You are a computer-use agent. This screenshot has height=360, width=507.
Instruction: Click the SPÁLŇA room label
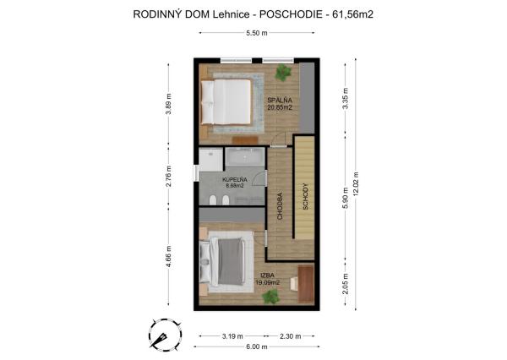280,101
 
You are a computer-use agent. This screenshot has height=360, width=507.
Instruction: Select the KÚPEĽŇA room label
234,181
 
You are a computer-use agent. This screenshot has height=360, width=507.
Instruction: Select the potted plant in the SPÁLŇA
281,73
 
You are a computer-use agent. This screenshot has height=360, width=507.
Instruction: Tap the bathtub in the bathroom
244,157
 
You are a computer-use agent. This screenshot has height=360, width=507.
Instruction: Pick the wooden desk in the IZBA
305,280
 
